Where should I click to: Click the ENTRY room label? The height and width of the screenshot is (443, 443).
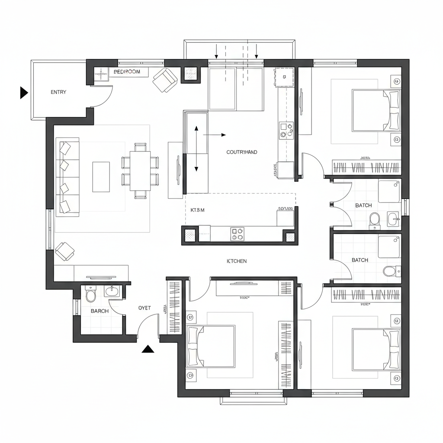click(x=58, y=92)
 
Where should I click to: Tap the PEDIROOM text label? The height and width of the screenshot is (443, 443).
click(x=127, y=72)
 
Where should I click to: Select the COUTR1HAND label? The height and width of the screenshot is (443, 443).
click(x=242, y=152)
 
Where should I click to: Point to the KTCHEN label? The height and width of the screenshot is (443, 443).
click(x=237, y=261)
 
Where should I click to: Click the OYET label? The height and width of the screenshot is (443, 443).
click(x=144, y=308)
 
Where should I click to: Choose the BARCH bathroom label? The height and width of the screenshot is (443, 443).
click(x=100, y=311)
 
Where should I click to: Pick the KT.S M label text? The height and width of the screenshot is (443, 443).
click(x=197, y=210)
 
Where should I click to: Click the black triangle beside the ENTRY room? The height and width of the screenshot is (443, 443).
click(x=24, y=93)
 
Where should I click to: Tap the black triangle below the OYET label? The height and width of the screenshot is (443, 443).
click(x=148, y=349)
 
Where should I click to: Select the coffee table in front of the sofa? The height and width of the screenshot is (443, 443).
click(x=101, y=177)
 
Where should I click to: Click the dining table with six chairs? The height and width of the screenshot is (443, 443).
click(x=140, y=171)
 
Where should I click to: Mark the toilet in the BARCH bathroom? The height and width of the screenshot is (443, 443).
click(x=91, y=295)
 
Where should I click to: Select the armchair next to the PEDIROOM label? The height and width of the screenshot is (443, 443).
click(x=165, y=80)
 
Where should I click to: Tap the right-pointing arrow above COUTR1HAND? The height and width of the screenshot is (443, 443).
click(x=215, y=135)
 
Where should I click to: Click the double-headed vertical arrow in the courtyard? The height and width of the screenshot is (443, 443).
click(x=196, y=148)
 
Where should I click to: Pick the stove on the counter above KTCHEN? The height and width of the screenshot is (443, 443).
click(x=238, y=234)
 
